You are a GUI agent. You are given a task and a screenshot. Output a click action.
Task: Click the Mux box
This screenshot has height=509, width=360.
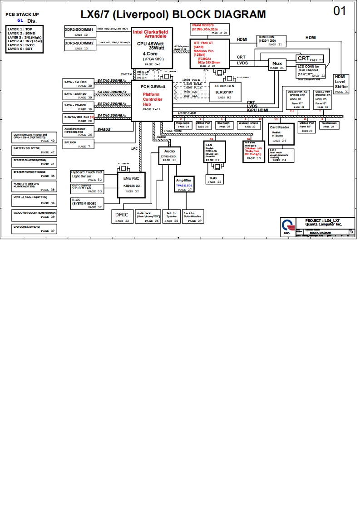[x=277, y=65]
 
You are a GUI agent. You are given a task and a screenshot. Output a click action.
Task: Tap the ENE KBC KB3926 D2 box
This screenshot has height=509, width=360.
[x=131, y=185]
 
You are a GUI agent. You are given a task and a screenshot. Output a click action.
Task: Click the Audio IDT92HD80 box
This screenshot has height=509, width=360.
[x=169, y=155]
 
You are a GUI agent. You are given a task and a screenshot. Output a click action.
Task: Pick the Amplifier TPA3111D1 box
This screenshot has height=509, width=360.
[x=184, y=185]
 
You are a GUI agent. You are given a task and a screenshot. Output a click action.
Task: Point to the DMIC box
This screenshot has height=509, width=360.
[x=122, y=216]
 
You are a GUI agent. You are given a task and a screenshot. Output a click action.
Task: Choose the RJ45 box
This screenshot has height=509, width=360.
[x=214, y=179]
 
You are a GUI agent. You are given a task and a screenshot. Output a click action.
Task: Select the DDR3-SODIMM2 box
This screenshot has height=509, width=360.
[x=79, y=45]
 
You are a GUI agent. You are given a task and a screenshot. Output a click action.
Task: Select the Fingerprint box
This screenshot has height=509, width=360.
[x=183, y=125]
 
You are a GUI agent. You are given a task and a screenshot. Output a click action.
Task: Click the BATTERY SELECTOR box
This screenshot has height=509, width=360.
[x=34, y=150]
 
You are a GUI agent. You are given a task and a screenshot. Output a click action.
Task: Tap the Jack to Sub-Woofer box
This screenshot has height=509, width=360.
[x=192, y=216]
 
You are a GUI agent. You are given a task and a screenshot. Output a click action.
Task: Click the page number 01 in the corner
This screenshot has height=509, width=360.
[x=340, y=11]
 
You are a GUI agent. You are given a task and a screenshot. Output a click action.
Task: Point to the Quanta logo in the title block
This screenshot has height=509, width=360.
[x=286, y=226]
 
